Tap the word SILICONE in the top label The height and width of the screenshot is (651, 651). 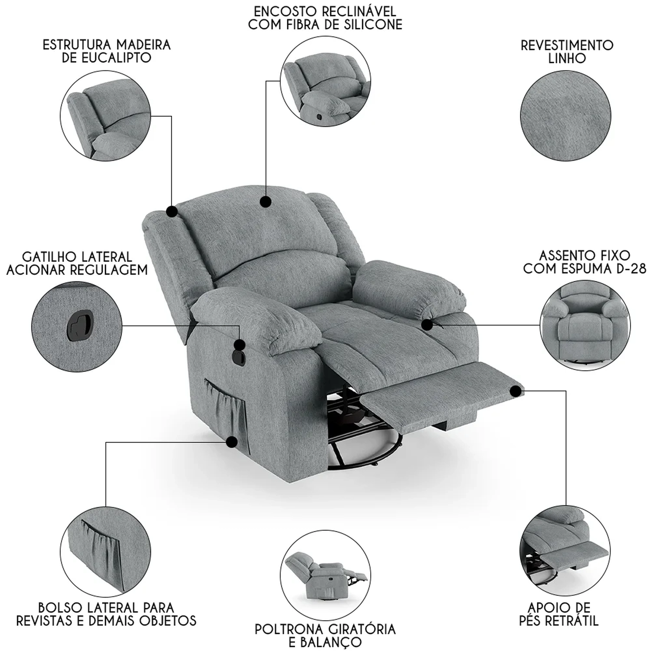367,25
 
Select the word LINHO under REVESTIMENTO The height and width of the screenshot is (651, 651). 567,59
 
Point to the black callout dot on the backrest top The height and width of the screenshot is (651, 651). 266,201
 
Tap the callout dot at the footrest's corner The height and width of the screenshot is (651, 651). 516,391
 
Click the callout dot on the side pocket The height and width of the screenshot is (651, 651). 232,442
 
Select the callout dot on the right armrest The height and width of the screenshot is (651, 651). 427,324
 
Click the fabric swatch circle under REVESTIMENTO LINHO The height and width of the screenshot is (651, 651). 566,115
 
